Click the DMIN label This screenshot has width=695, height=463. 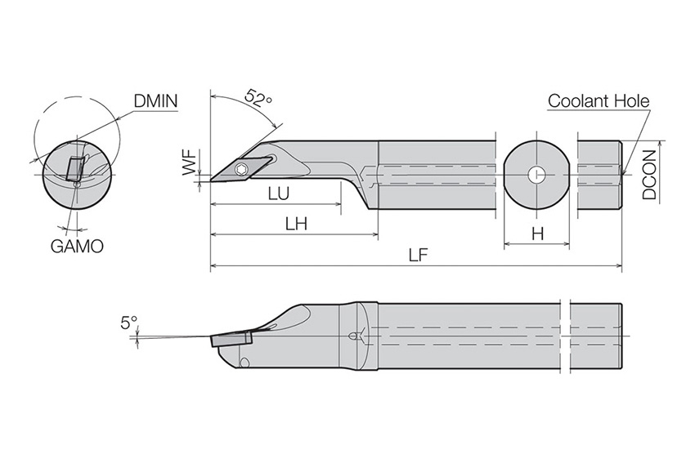[x=155, y=101]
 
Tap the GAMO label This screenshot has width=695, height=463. [x=77, y=246]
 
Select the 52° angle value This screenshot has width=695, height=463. [x=258, y=97]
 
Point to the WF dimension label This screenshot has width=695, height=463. [x=191, y=162]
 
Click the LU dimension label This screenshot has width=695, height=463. [x=279, y=194]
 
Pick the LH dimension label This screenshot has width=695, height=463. [x=296, y=224]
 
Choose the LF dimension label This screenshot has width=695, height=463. [x=418, y=255]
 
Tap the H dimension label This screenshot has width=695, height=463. [x=538, y=234]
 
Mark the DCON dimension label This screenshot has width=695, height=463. [x=649, y=175]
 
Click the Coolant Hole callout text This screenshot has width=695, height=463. [x=599, y=101]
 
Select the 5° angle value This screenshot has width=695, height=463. [x=129, y=323]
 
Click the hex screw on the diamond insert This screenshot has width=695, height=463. [x=241, y=169]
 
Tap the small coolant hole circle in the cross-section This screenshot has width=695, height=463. [x=536, y=175]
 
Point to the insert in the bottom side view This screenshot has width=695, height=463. [x=232, y=340]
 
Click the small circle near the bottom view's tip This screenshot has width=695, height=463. [x=244, y=363]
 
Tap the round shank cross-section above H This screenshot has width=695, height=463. [x=536, y=175]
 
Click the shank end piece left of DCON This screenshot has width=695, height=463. [x=599, y=175]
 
